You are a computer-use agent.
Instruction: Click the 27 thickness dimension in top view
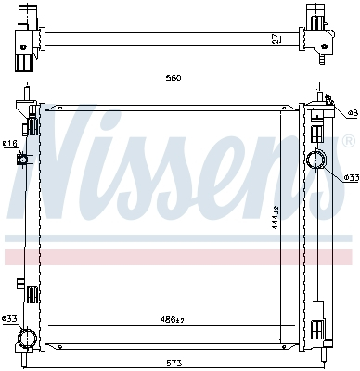(276, 38)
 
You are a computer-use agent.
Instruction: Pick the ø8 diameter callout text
(351, 113)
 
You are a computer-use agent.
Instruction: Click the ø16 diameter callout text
(9, 144)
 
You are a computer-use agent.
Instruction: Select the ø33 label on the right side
(351, 176)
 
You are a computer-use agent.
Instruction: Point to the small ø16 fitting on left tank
(24, 160)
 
